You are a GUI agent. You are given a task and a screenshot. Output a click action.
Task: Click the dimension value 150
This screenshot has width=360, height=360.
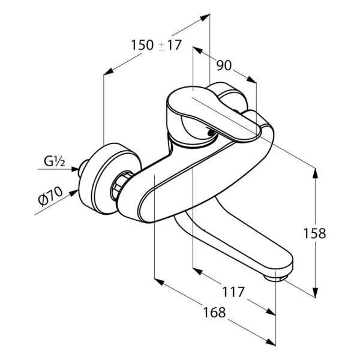(142, 45)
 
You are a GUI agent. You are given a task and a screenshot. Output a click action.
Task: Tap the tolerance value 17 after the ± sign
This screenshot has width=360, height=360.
(174, 45)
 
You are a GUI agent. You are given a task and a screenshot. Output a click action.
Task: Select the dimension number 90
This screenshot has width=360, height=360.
(224, 65)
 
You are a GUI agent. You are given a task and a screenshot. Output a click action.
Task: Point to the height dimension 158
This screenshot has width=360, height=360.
(314, 233)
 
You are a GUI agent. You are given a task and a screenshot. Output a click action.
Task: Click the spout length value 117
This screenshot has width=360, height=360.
(233, 292)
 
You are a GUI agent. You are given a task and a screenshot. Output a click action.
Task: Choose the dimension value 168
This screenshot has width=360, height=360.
(214, 312)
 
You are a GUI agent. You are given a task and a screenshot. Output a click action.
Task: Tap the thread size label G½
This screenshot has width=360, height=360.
(55, 162)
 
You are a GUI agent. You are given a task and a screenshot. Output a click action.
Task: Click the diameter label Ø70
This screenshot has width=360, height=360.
(50, 196)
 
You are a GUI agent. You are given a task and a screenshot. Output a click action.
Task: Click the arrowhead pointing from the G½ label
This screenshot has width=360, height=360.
(75, 169)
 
